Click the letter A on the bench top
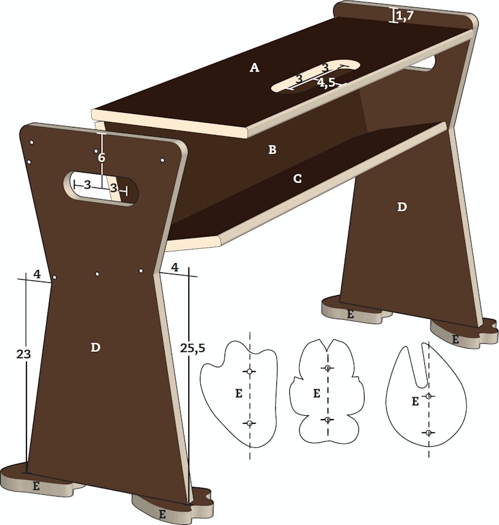tap(255, 68)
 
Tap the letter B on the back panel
tap(273, 149)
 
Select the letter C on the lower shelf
tap(297, 179)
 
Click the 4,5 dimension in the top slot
tap(327, 83)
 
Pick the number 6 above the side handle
tap(102, 157)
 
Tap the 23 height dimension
tap(23, 354)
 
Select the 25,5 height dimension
tap(192, 348)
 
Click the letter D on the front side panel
tap(96, 348)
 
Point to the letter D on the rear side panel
tap(402, 207)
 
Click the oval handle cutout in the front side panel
tap(101, 188)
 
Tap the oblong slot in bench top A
tap(316, 76)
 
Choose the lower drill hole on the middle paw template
tap(328, 420)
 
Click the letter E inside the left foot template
tap(239, 393)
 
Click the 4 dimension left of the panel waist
tap(37, 274)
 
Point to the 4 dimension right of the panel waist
tap(175, 267)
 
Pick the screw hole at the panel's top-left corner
tap(31, 142)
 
